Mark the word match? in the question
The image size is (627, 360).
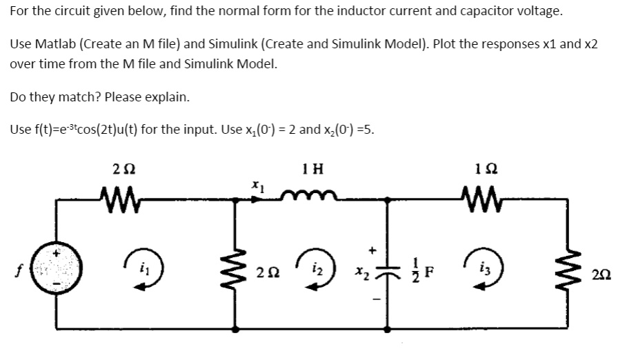point(86,97)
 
